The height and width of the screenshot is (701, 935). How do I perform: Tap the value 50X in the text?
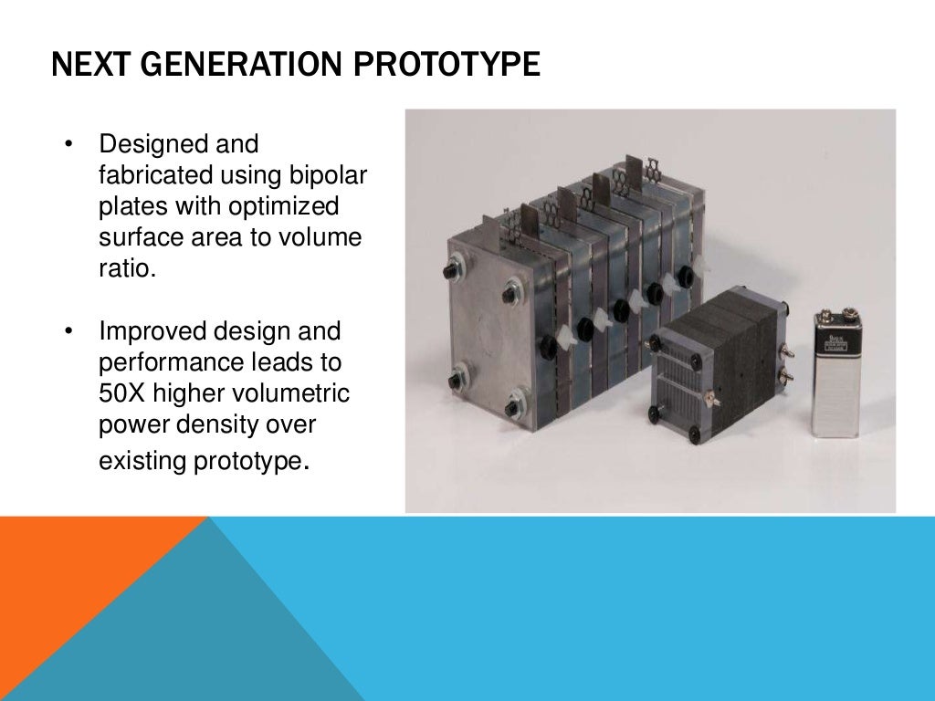point(122,392)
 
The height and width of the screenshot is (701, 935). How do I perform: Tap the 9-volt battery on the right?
point(837,374)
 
